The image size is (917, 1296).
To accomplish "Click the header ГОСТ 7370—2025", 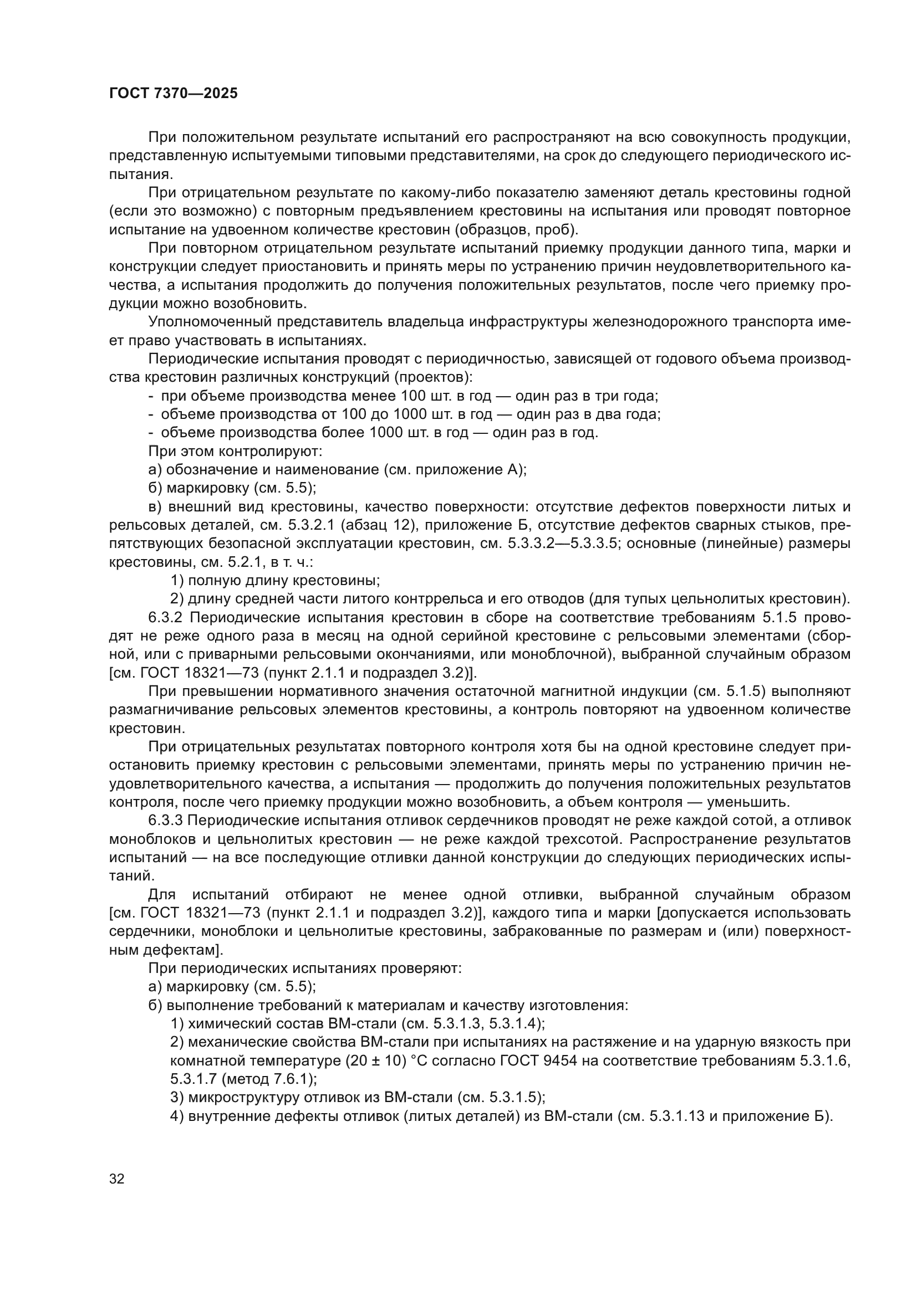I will (x=174, y=94).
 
